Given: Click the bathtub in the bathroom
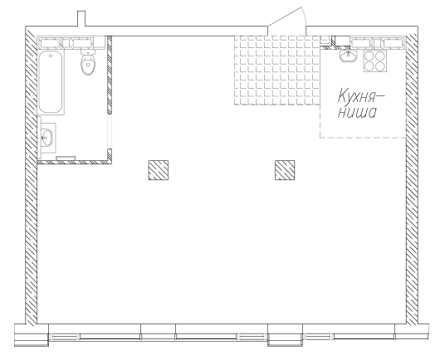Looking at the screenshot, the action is coord(51,82).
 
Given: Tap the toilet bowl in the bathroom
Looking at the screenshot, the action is coord(88,65).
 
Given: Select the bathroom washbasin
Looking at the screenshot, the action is coord(46,138).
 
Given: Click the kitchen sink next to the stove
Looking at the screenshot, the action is coord(348,56).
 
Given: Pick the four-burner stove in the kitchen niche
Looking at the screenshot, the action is coord(375,61).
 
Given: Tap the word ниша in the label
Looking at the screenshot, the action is coord(357,112).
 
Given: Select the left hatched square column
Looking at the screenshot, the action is coord(158,170).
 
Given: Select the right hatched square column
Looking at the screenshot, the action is coord(285,170).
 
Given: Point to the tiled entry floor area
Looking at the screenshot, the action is coord(277,71).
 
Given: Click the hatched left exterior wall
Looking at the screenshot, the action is coord(32,176).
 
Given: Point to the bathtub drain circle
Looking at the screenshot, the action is coord(51,56).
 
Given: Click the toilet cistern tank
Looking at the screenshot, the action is coord(88,51).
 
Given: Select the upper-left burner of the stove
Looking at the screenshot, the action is coord(369,56).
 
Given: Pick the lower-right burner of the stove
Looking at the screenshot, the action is coord(380,66).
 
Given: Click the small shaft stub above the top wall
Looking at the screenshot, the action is coord(81,19).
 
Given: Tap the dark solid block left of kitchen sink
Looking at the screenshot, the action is coord(343,41).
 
